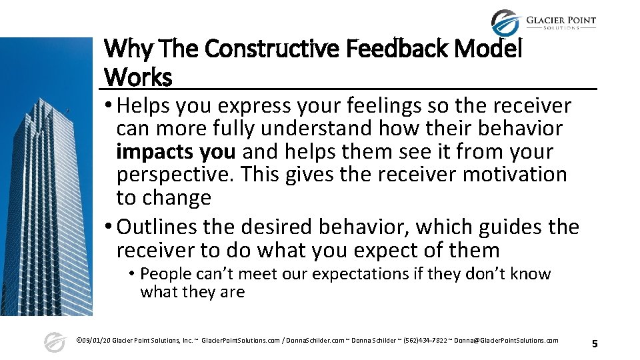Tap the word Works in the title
(x=138, y=77)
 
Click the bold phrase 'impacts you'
(x=175, y=151)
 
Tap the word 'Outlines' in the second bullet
(x=158, y=227)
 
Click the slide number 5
(x=595, y=344)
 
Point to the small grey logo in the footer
(x=54, y=342)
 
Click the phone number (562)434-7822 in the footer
(x=419, y=341)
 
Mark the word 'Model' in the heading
(x=493, y=49)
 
